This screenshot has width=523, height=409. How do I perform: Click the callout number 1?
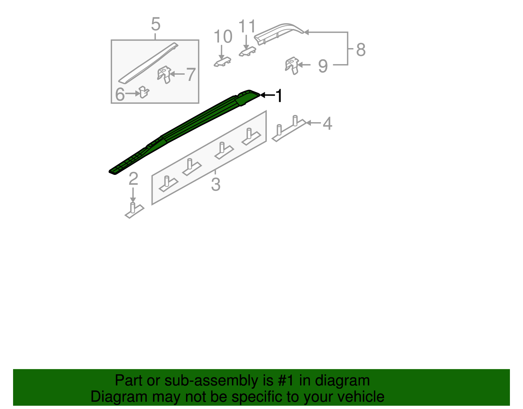point(279,96)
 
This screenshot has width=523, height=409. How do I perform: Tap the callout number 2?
point(133,179)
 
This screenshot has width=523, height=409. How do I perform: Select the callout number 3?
point(215,184)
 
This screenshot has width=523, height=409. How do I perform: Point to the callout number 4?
point(327,123)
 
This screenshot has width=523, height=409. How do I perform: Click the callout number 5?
point(156,25)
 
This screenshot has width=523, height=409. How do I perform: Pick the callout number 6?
point(120,95)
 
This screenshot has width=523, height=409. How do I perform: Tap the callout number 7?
point(191,74)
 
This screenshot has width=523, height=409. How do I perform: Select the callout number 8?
point(361,50)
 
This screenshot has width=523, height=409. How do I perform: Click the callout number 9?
point(323,66)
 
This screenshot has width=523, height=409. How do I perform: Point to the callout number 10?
point(223,37)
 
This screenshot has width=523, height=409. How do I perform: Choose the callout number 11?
point(247,26)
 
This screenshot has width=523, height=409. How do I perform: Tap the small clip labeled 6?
point(143,92)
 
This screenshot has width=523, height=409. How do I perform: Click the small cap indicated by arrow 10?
point(223,62)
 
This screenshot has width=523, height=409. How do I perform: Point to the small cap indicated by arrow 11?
point(247,51)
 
